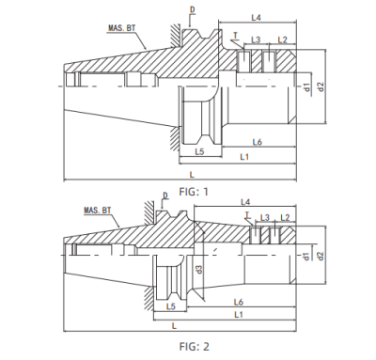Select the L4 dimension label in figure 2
[x=246, y=201]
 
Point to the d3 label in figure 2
[x=199, y=270]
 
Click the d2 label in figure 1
[x=321, y=86]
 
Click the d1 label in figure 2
[x=307, y=255]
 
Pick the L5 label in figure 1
[x=199, y=150]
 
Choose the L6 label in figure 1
[x=256, y=141]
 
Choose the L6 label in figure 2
[x=239, y=301]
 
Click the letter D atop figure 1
[x=193, y=9]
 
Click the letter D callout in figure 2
[x=165, y=196]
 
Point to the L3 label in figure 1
[x=256, y=40]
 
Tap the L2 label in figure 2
[x=286, y=217]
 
